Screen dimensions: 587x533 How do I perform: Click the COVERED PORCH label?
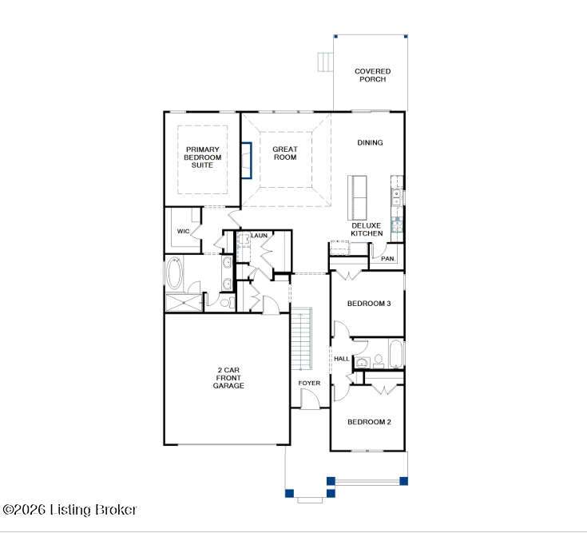[372, 75]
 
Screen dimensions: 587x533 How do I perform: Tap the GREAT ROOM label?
[285, 153]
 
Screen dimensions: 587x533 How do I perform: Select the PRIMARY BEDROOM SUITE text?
[203, 157]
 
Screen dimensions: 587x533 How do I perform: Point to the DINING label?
[370, 143]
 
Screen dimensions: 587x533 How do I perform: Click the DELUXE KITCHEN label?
[367, 229]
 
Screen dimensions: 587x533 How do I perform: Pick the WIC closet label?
[183, 231]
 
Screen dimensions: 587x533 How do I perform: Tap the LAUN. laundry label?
[260, 235]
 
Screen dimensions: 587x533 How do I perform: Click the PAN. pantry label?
[388, 258]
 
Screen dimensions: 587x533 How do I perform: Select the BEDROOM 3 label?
[369, 304]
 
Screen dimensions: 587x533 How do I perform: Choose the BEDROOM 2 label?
[369, 422]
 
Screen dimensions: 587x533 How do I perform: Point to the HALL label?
[342, 359]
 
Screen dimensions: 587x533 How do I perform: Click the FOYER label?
[309, 384]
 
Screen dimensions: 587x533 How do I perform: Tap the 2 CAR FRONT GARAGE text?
[228, 378]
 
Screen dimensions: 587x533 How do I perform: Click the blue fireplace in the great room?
[246, 161]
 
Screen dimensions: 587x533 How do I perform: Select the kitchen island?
[357, 197]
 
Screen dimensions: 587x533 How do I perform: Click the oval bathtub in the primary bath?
[174, 272]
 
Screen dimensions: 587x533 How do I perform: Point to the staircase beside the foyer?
[301, 338]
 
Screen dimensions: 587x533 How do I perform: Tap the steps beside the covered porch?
[325, 62]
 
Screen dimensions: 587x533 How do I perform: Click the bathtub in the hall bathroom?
[395, 353]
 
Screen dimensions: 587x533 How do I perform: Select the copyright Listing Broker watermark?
[69, 510]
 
